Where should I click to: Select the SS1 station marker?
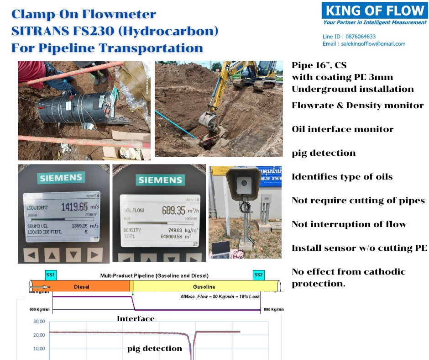51,275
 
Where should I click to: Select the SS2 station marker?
259,275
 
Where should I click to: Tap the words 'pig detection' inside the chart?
154,349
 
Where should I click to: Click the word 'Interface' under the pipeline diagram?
136,319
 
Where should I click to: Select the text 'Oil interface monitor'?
342,129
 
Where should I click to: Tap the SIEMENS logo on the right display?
160,180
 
